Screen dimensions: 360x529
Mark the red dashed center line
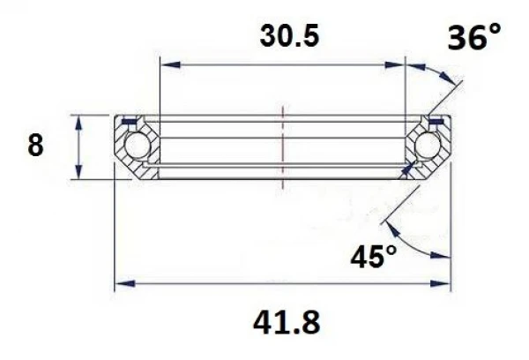[x=282, y=146]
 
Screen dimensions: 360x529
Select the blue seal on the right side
[x=436, y=120]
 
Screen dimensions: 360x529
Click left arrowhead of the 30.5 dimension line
[x=166, y=64]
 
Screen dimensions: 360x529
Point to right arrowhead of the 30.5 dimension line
[x=399, y=64]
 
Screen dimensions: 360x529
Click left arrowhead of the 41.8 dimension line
[x=123, y=284]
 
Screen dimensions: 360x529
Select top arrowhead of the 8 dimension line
[x=80, y=120]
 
